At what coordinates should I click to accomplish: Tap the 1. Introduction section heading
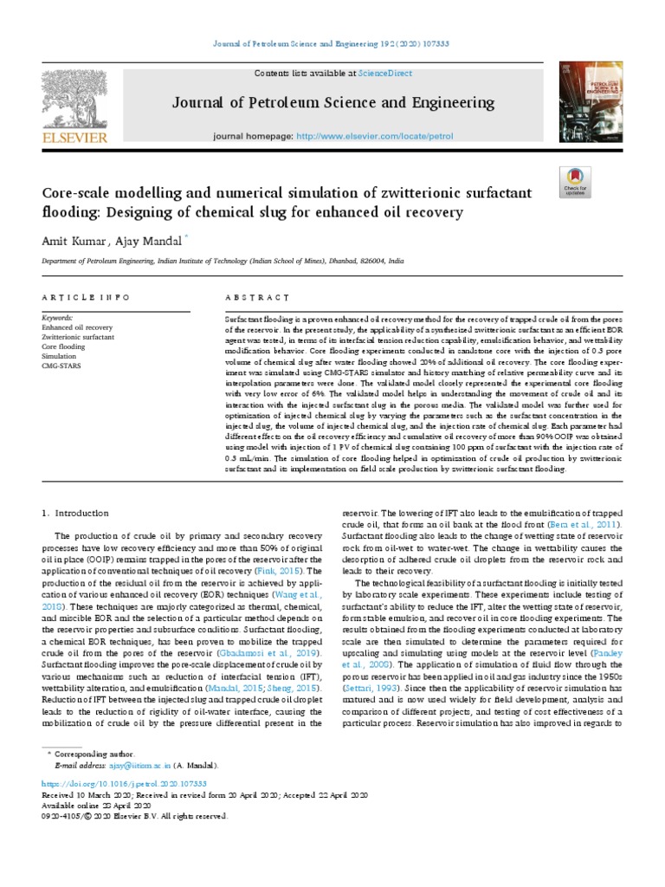75,513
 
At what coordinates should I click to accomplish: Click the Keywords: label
57,319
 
